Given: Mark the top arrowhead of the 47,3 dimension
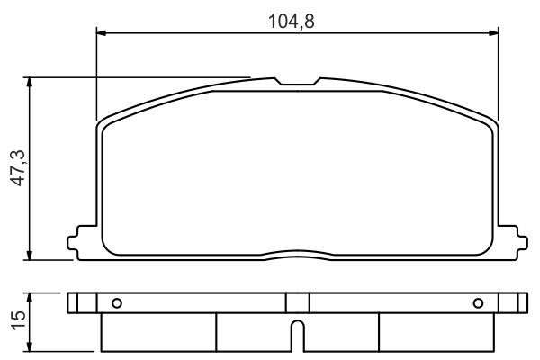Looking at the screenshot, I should click(32, 82).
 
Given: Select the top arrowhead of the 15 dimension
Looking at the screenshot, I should click(32, 296).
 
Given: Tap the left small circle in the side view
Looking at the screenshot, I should click(114, 301).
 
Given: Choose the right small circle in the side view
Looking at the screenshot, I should click(478, 301).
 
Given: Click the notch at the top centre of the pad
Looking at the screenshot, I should click(297, 84).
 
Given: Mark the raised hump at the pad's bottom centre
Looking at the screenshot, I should click(297, 248).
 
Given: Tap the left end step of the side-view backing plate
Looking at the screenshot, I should click(74, 301).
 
